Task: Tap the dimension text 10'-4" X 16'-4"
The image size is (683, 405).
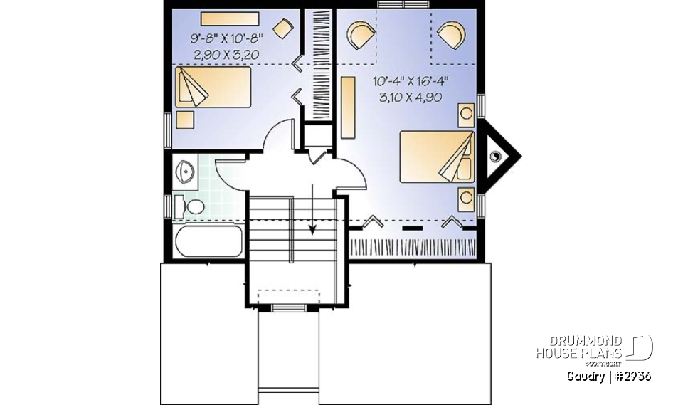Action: click(410, 83)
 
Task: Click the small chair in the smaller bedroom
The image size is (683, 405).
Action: click(284, 29)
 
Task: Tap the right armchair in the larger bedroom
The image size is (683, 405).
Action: click(450, 33)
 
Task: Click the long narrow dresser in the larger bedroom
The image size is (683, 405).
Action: click(348, 107)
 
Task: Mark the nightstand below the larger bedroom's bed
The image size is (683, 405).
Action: click(466, 199)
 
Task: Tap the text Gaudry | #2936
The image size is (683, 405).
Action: click(609, 376)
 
